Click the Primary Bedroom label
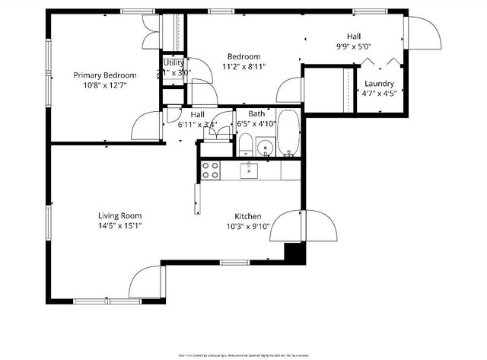(105, 75)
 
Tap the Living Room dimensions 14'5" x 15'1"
(120, 225)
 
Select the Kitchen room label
(248, 215)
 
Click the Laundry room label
(379, 83)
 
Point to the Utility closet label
(173, 62)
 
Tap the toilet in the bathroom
(245, 145)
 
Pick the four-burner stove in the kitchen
(211, 170)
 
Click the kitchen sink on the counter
(250, 170)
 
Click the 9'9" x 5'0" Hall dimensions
(354, 46)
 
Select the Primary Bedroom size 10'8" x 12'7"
(105, 85)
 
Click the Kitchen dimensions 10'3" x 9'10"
(248, 226)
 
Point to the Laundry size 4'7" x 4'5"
(379, 94)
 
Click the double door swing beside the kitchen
(303, 227)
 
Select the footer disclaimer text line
(243, 355)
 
